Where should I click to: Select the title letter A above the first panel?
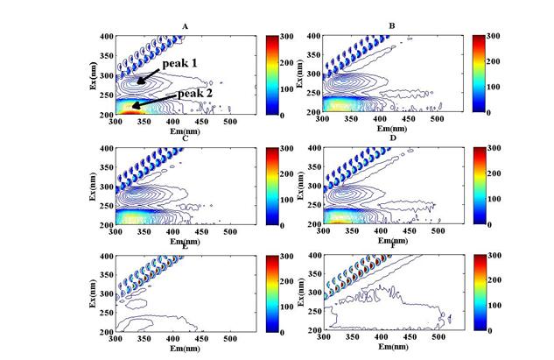click(186, 26)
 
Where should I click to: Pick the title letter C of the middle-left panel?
click(186, 138)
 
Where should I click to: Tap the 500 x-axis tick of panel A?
click(231, 121)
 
